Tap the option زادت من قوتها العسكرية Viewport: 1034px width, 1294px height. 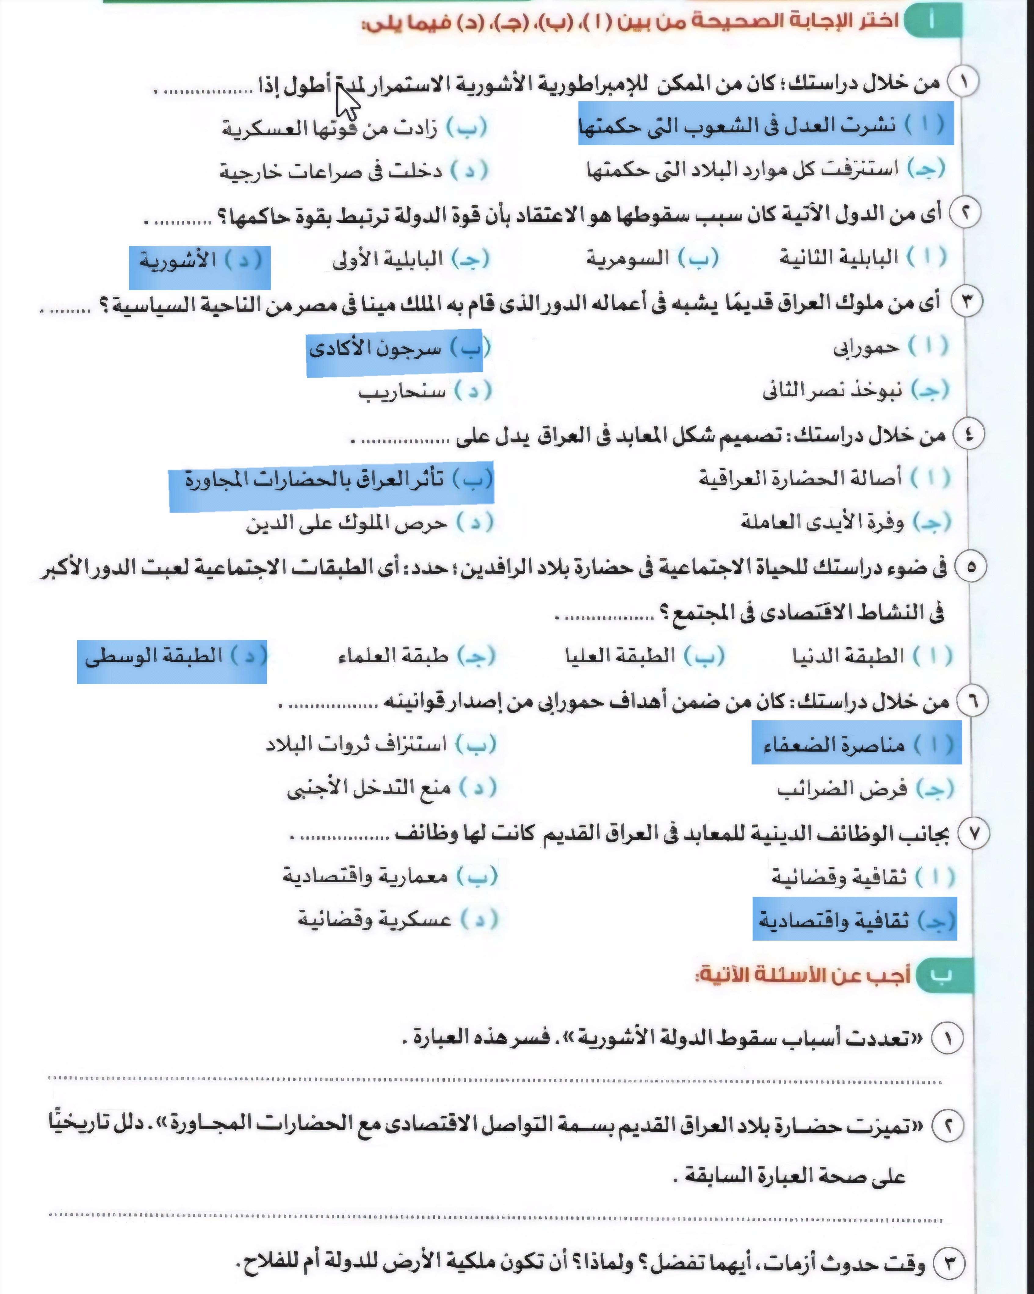click(354, 128)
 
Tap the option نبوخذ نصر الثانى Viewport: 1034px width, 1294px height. click(855, 391)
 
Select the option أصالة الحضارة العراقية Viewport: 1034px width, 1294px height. click(824, 478)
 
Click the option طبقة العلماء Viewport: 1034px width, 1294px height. click(417, 656)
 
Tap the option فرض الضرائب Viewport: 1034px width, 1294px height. click(864, 789)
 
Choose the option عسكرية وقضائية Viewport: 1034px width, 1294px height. click(397, 920)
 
